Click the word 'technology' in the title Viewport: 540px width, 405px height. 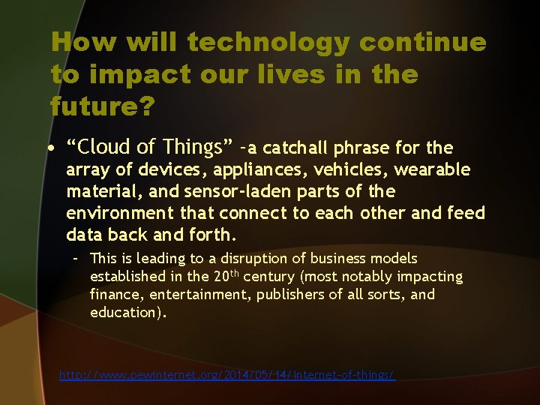coord(268,43)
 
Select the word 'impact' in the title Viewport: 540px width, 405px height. coord(132,74)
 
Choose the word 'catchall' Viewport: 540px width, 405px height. coord(296,148)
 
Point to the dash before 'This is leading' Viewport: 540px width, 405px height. coord(76,259)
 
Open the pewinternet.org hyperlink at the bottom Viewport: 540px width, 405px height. coord(227,374)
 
